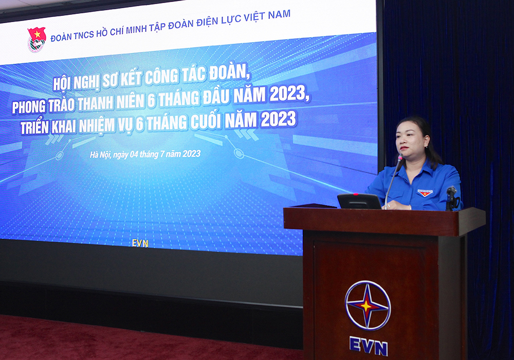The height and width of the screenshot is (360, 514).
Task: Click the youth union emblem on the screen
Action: click(36, 40)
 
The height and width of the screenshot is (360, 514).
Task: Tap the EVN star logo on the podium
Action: click(368, 305)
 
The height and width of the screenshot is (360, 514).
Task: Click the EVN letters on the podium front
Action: click(369, 346)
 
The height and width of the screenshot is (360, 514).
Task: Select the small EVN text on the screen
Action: click(140, 243)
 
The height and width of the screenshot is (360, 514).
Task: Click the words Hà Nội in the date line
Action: click(100, 154)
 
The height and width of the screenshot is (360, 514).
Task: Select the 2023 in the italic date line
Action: click(191, 153)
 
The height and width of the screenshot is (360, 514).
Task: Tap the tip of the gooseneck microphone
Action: click(400, 157)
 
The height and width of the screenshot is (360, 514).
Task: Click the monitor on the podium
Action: click(359, 201)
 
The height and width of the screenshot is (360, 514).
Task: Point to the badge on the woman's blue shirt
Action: click(425, 193)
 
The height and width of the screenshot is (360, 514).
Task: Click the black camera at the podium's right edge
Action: click(451, 197)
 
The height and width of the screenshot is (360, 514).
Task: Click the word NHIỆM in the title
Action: click(97, 125)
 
